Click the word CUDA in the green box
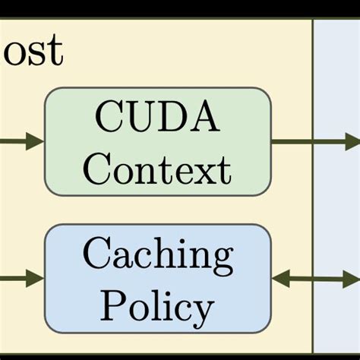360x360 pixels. tap(157, 119)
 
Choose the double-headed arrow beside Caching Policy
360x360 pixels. tap(315, 279)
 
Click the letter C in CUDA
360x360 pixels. tap(109, 119)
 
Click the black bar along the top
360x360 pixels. tap(180, 8)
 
